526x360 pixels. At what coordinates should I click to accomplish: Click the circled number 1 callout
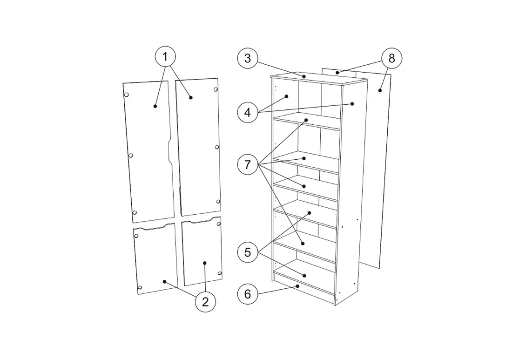[x=165, y=57]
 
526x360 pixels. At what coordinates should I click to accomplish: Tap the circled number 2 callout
[x=205, y=302]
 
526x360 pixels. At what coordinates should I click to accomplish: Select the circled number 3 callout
[x=248, y=58]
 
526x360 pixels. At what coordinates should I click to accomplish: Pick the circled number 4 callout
[x=248, y=112]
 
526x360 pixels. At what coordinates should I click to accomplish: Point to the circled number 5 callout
[x=248, y=252]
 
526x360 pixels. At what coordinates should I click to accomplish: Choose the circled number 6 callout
[x=248, y=294]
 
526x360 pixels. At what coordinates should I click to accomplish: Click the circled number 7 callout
[x=248, y=165]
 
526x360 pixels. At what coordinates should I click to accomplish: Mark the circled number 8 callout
[x=391, y=58]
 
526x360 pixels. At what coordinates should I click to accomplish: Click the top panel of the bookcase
[x=319, y=79]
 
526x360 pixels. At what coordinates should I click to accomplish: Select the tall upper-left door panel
[x=148, y=152]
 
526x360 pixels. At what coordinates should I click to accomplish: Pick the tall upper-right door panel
[x=199, y=147]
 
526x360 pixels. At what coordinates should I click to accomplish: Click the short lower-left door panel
[x=155, y=258]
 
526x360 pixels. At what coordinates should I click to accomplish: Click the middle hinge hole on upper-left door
[x=131, y=156]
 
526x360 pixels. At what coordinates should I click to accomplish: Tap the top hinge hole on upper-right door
[x=216, y=89]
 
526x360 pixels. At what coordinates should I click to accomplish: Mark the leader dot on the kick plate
[x=297, y=286]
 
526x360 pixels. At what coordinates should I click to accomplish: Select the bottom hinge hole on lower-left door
[x=140, y=288]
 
